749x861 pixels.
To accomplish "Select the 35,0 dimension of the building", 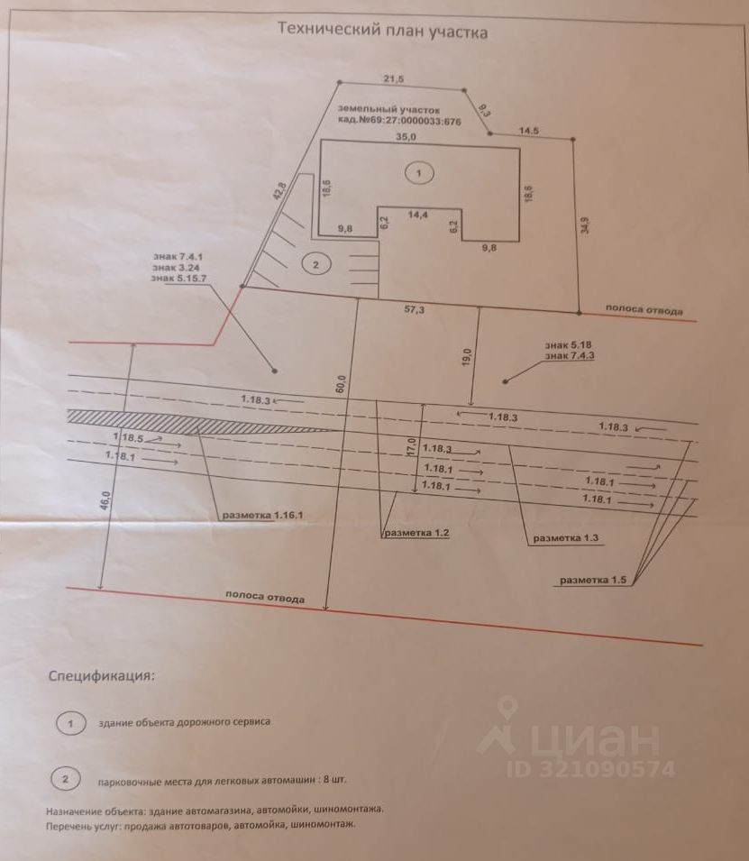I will point(406,138).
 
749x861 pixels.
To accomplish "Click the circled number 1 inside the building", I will point(418,171).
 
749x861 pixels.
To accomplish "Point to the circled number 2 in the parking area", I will point(315,264).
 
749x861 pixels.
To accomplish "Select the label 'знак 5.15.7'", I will point(180,279).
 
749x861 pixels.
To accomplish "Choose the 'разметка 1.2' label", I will point(416,533).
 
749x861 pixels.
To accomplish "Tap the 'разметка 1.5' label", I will point(593,580).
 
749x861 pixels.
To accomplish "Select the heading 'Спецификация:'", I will point(102,674).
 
